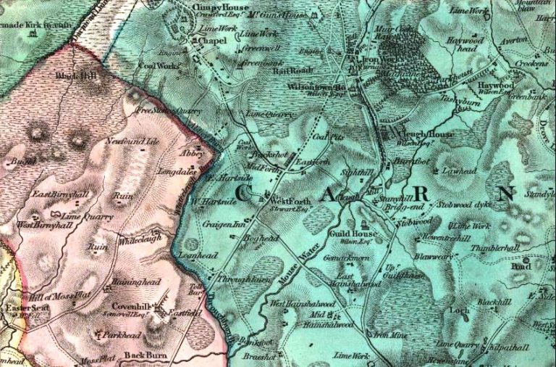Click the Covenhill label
[131, 306]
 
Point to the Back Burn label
[142, 355]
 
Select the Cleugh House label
[426, 135]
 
